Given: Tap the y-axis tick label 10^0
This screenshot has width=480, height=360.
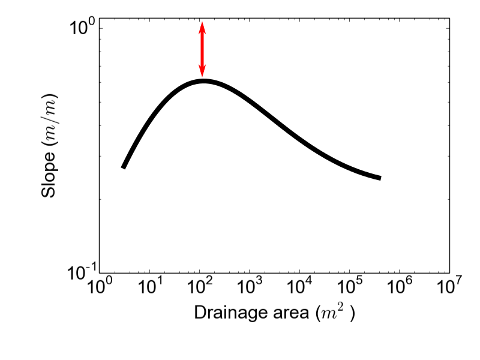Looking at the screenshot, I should pyautogui.click(x=82, y=28).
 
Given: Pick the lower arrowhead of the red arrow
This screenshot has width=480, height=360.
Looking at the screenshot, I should pyautogui.click(x=202, y=72).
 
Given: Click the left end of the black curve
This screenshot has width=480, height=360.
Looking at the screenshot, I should pyautogui.click(x=123, y=167).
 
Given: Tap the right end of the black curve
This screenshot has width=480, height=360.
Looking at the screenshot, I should pyautogui.click(x=380, y=178).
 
